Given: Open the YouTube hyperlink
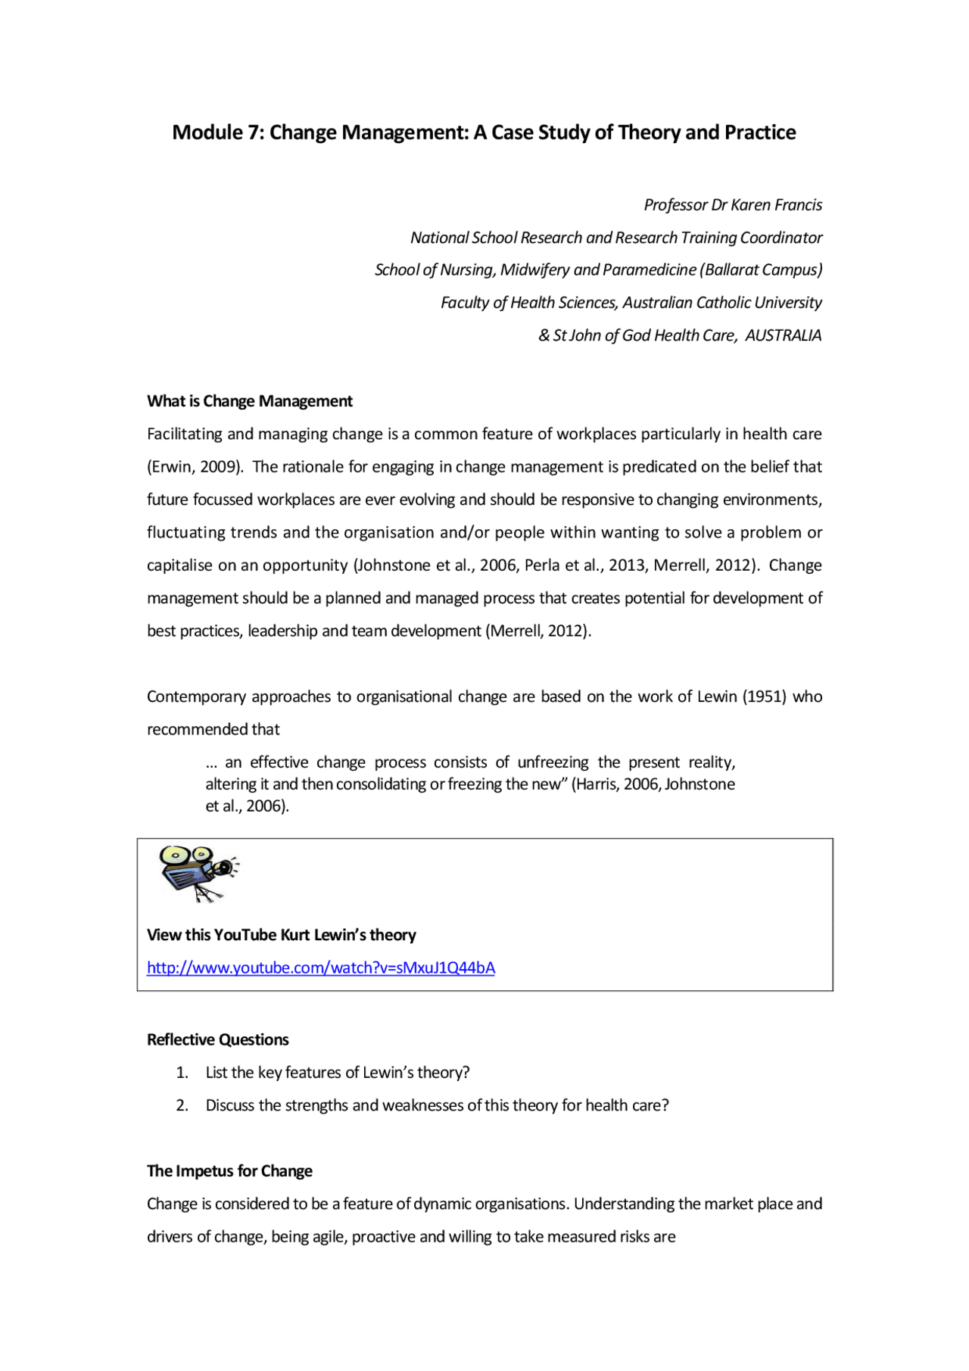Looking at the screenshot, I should pos(320,967).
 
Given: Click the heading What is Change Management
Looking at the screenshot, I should pos(250,401).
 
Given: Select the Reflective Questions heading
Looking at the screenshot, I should pos(218,1039).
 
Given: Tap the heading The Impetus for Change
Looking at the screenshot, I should pos(229,1171).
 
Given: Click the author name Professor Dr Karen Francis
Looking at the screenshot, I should pos(732,205).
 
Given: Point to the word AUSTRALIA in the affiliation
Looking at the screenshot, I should pos(783,335).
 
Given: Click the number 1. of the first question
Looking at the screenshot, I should pos(182,1073).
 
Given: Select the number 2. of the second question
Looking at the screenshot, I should pos(182,1105).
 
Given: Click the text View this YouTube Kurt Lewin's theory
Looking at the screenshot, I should pos(282,935).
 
